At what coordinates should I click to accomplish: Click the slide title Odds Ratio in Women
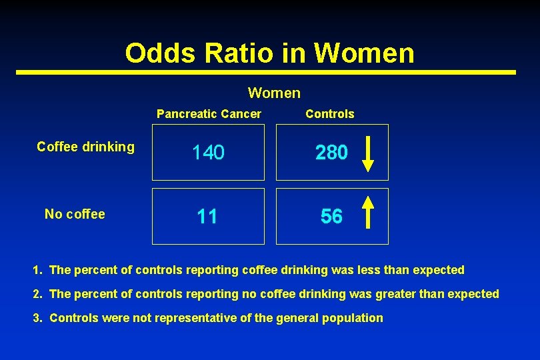pyautogui.click(x=269, y=53)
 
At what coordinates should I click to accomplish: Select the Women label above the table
pyautogui.click(x=274, y=93)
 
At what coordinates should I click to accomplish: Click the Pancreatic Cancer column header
pyautogui.click(x=209, y=114)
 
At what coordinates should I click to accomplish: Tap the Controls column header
pyautogui.click(x=329, y=114)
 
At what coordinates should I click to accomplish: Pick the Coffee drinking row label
pyautogui.click(x=85, y=147)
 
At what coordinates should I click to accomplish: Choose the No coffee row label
pyautogui.click(x=75, y=214)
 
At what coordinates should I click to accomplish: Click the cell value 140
pyautogui.click(x=208, y=153)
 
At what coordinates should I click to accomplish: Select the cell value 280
pyautogui.click(x=331, y=153)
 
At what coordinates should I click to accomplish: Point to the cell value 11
pyautogui.click(x=207, y=217)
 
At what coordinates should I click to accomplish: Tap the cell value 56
pyautogui.click(x=331, y=217)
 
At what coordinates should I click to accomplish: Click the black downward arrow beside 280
pyautogui.click(x=367, y=153)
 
